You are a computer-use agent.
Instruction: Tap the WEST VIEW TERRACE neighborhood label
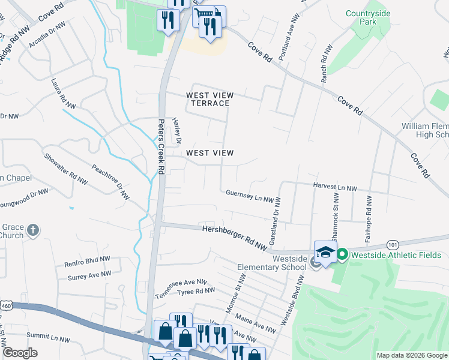pos(209,99)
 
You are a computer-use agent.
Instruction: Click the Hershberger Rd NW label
pos(234,237)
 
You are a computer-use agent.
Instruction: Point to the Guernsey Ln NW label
pos(250,196)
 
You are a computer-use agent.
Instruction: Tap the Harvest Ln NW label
pos(335,188)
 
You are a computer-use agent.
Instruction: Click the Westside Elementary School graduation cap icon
pos(325,253)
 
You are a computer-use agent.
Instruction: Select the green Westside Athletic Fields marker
pos(342,255)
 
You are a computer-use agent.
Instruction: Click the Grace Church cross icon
pos(34,230)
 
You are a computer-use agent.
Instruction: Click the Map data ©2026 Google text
pos(411,355)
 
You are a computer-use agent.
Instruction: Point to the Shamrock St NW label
pos(336,226)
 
